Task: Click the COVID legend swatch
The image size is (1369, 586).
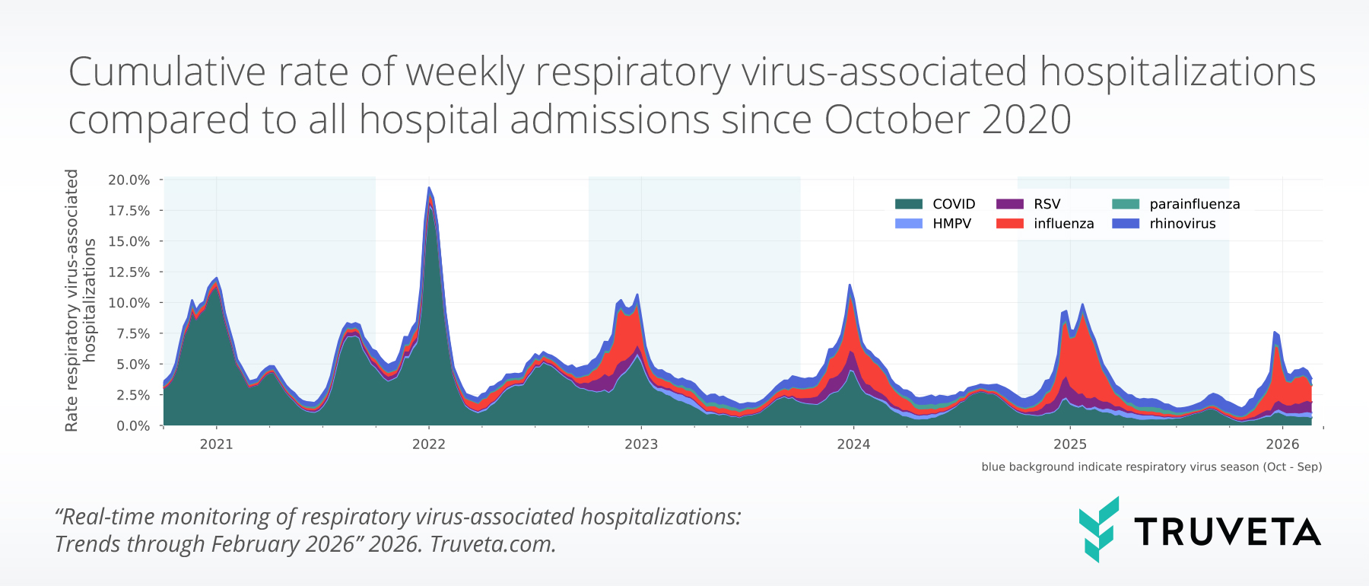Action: click(909, 204)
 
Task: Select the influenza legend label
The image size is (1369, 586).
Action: click(1063, 224)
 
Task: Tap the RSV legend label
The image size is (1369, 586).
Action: click(1047, 204)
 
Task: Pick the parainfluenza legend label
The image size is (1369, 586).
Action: click(1194, 204)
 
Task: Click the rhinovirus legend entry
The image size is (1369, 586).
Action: click(1182, 224)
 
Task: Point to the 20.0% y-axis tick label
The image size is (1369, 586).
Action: click(129, 180)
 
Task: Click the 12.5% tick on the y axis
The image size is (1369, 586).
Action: click(129, 272)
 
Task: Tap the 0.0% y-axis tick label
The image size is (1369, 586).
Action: click(133, 426)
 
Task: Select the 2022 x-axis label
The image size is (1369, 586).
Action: click(428, 444)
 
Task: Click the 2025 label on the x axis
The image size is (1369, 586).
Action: click(1069, 444)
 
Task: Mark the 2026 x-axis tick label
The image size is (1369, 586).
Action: click(1282, 444)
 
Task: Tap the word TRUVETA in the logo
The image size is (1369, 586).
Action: click(1227, 532)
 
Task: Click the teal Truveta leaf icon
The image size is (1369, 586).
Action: click(1098, 530)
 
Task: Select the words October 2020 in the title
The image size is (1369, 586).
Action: click(947, 120)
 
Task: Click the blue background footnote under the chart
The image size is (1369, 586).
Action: click(1151, 467)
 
